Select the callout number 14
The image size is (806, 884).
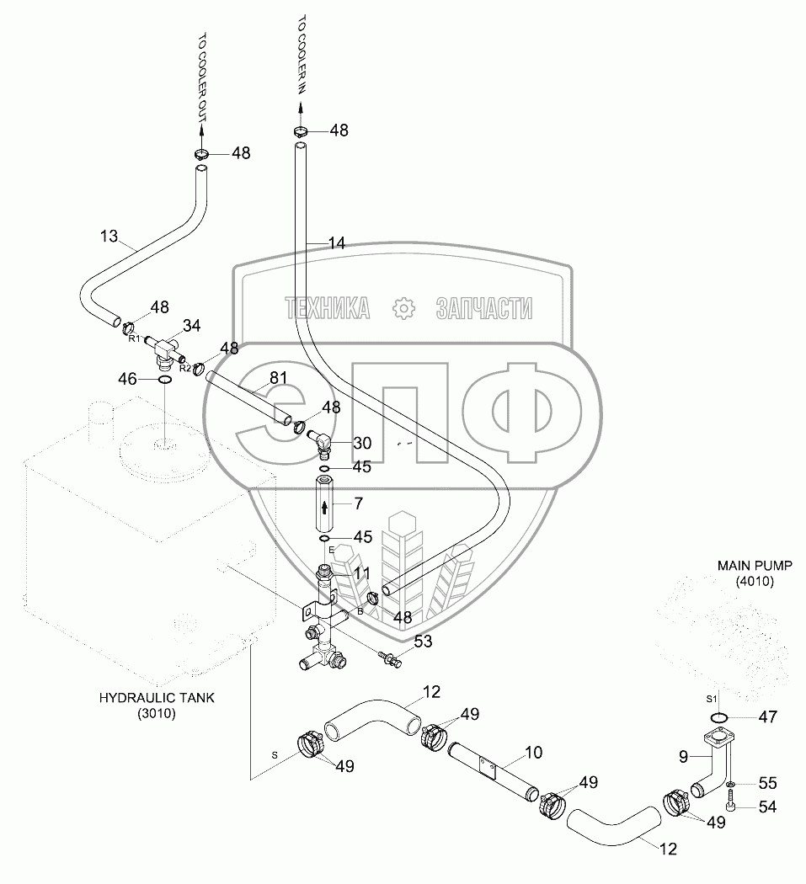pos(336,243)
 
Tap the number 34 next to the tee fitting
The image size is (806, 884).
pos(191,325)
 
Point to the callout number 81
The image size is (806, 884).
pos(279,379)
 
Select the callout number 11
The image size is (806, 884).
pos(362,572)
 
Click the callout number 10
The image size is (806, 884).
pos(534,752)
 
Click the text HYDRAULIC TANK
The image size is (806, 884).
pos(157,698)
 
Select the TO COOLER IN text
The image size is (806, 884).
pos(302,58)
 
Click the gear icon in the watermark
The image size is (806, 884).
pos(404,308)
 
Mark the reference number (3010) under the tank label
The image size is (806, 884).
pos(158,714)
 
